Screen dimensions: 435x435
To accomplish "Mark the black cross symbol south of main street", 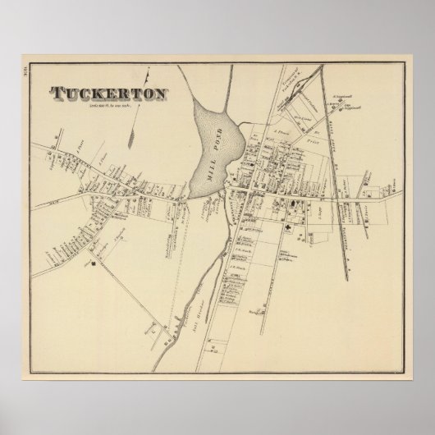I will [289, 231].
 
